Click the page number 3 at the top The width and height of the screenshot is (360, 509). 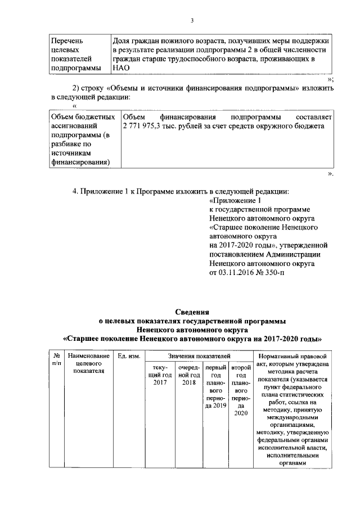tap(192, 21)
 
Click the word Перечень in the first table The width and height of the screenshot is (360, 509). tap(67, 41)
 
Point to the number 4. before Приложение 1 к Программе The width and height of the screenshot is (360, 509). tap(76, 191)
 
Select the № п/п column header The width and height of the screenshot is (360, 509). tap(56, 360)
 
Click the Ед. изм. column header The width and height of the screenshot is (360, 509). tap(129, 356)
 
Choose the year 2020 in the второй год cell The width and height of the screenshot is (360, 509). tap(241, 413)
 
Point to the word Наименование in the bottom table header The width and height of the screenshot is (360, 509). tap(87, 356)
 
